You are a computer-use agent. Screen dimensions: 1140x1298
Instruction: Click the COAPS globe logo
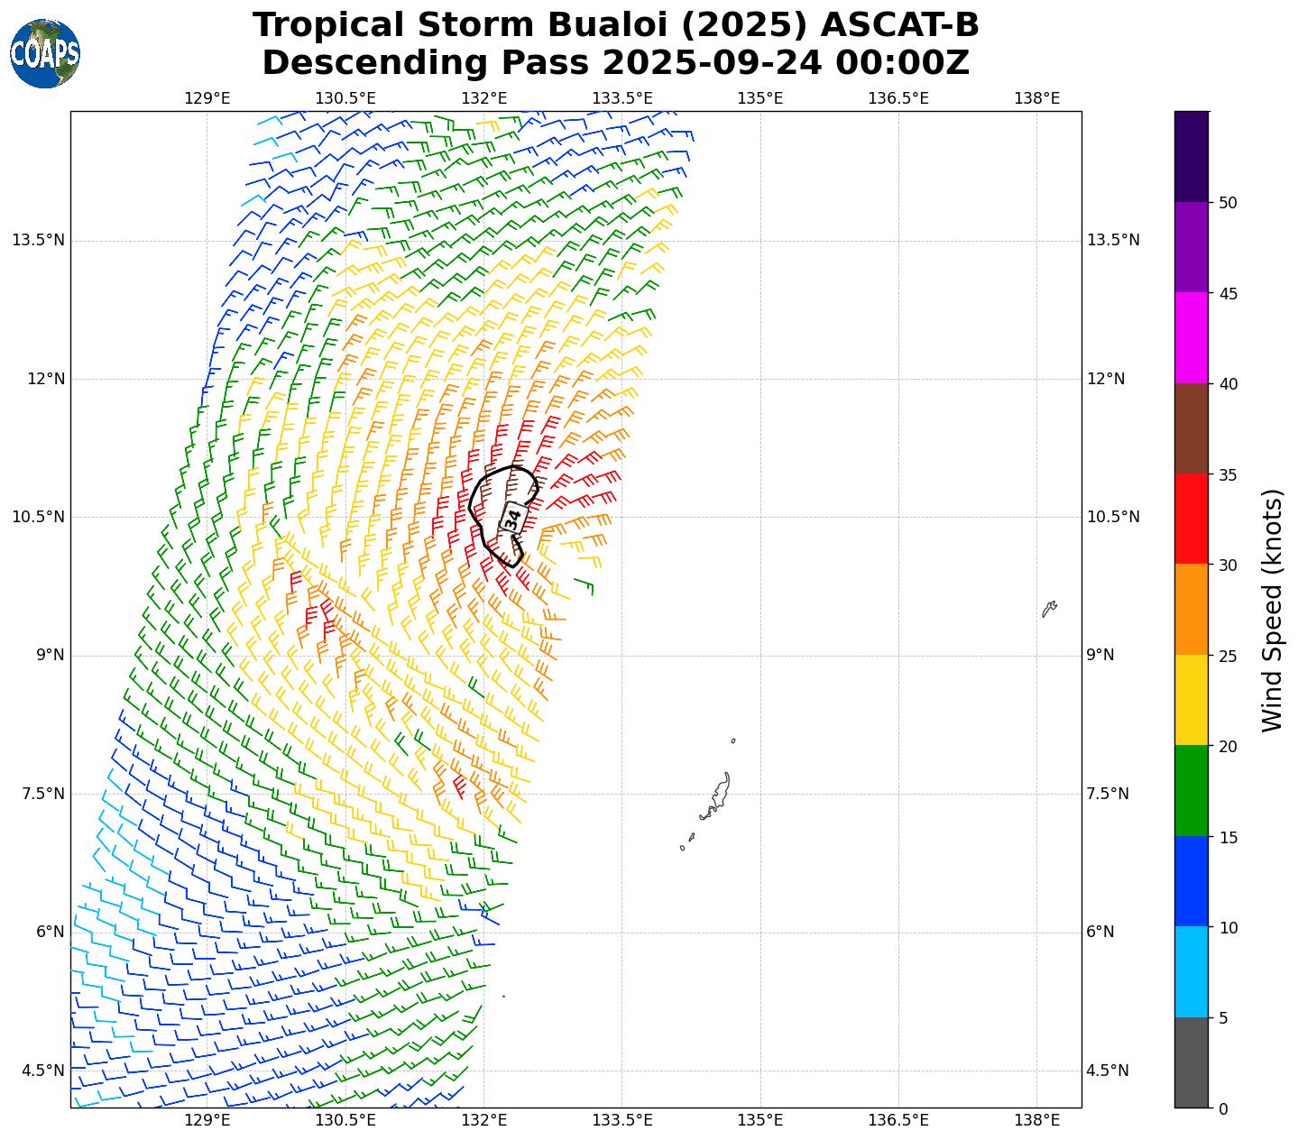click(x=45, y=54)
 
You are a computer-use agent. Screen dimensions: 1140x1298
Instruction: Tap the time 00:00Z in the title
click(x=902, y=63)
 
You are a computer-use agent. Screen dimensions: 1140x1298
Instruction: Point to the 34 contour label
click(x=512, y=520)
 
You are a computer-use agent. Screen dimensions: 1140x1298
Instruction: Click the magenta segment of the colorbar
click(x=1191, y=337)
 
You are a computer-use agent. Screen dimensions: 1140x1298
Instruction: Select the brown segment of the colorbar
click(x=1191, y=428)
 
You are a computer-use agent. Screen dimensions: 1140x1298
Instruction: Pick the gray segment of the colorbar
click(x=1191, y=1062)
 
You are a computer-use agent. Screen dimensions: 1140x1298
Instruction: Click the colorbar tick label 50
click(x=1227, y=203)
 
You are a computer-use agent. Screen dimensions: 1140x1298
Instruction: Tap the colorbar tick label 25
click(x=1227, y=656)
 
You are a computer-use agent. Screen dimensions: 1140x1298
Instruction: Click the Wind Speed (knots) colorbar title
click(x=1272, y=611)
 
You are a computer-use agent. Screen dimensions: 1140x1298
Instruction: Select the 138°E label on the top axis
click(x=1036, y=98)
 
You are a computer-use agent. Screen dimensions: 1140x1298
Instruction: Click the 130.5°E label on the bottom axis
click(x=345, y=1120)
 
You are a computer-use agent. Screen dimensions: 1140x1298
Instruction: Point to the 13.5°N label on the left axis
click(x=38, y=240)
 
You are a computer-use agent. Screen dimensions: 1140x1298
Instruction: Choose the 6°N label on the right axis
click(x=1100, y=932)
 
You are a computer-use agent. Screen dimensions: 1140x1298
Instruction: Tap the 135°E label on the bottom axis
click(x=759, y=1120)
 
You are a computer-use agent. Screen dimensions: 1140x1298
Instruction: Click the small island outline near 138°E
click(x=1049, y=609)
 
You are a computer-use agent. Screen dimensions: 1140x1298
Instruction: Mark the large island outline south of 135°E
click(x=719, y=795)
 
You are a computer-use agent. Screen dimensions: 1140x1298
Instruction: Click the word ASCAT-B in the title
click(x=880, y=25)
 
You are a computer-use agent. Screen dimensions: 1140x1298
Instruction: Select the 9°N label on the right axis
click(x=1100, y=655)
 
